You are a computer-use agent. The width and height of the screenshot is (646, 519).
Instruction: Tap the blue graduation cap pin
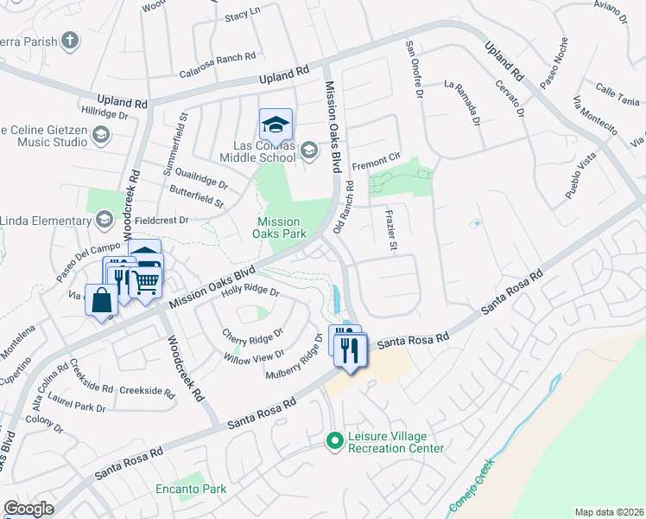pyautogui.click(x=275, y=125)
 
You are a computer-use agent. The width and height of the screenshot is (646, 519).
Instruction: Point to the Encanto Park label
pyautogui.click(x=191, y=489)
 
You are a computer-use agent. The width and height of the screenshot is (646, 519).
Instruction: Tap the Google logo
pyautogui.click(x=28, y=509)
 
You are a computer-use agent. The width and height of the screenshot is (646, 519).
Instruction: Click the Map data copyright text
pyautogui.click(x=610, y=512)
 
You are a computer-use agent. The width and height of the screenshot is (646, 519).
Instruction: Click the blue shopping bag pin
pyautogui.click(x=102, y=300)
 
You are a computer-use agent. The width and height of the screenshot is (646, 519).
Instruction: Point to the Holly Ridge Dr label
pyautogui.click(x=250, y=292)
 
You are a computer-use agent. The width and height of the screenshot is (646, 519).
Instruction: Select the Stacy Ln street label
pyautogui.click(x=242, y=15)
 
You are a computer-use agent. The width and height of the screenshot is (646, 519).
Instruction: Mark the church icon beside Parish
pyautogui.click(x=70, y=40)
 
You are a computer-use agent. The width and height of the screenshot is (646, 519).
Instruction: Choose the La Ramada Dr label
pyautogui.click(x=463, y=99)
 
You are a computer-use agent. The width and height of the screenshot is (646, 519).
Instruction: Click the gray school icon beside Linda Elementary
pyautogui.click(x=105, y=219)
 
